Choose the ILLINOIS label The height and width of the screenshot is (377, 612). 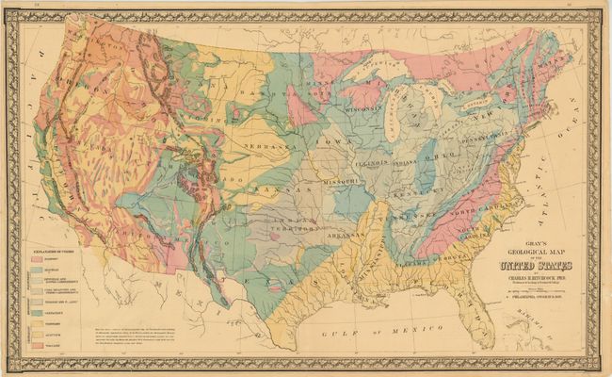pyautogui.click(x=374, y=162)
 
